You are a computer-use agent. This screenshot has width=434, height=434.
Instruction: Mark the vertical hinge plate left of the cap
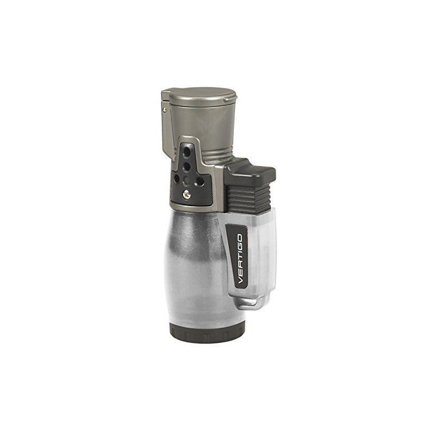(165, 117)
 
